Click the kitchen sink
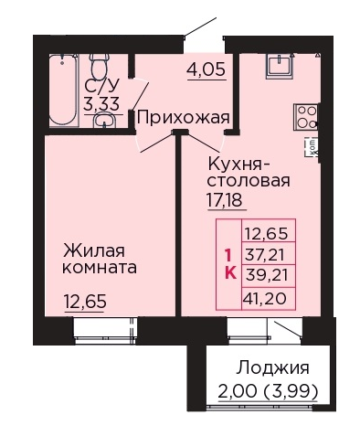coord(279,63)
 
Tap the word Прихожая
coord(183,116)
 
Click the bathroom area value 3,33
coord(103,103)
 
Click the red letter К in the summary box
coord(228,271)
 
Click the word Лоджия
coord(271,368)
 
